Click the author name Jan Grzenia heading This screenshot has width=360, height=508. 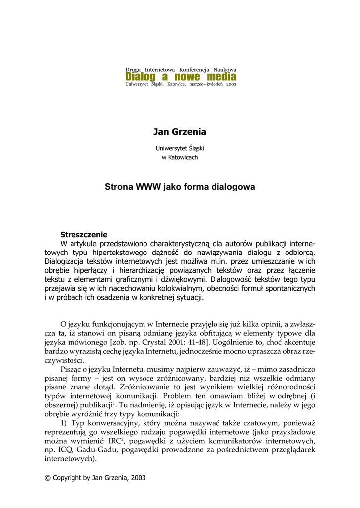[180, 132]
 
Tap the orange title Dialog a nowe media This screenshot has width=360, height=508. [181, 77]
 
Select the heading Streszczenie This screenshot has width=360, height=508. [83, 234]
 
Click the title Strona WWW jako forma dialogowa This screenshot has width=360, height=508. [180, 187]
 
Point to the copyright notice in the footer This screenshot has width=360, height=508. [95, 478]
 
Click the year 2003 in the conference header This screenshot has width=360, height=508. [231, 85]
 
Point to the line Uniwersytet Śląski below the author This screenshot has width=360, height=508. [180, 148]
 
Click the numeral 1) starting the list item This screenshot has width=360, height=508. [64, 423]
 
